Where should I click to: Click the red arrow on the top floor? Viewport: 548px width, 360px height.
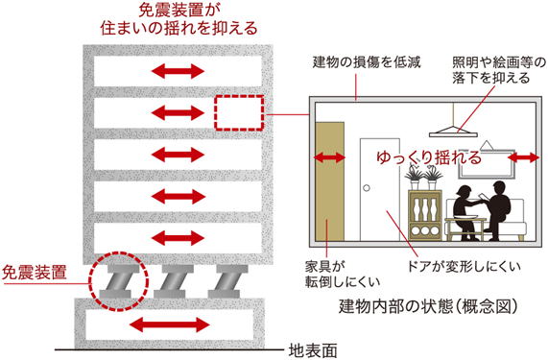178,72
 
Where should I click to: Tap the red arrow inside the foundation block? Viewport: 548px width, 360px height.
172,324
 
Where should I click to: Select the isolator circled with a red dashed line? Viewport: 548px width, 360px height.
119,281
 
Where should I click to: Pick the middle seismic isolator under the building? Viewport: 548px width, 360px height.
174,281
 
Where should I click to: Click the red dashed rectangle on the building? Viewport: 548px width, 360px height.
239,113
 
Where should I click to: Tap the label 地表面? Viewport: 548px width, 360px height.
313,350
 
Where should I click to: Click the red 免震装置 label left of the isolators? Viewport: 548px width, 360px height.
35,273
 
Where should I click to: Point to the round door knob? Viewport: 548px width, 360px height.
367,188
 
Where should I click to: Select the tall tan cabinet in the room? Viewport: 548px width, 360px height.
329,181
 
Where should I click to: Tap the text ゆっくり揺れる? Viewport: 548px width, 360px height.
430,157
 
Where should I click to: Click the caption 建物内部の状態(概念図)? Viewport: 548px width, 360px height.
428,306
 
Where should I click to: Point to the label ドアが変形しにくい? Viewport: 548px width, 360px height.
464,267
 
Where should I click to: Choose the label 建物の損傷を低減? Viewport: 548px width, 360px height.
367,62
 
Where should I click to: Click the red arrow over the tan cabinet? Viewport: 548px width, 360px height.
329,158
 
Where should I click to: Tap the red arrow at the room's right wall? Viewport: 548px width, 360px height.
524,157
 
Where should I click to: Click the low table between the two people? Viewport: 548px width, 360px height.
465,228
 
